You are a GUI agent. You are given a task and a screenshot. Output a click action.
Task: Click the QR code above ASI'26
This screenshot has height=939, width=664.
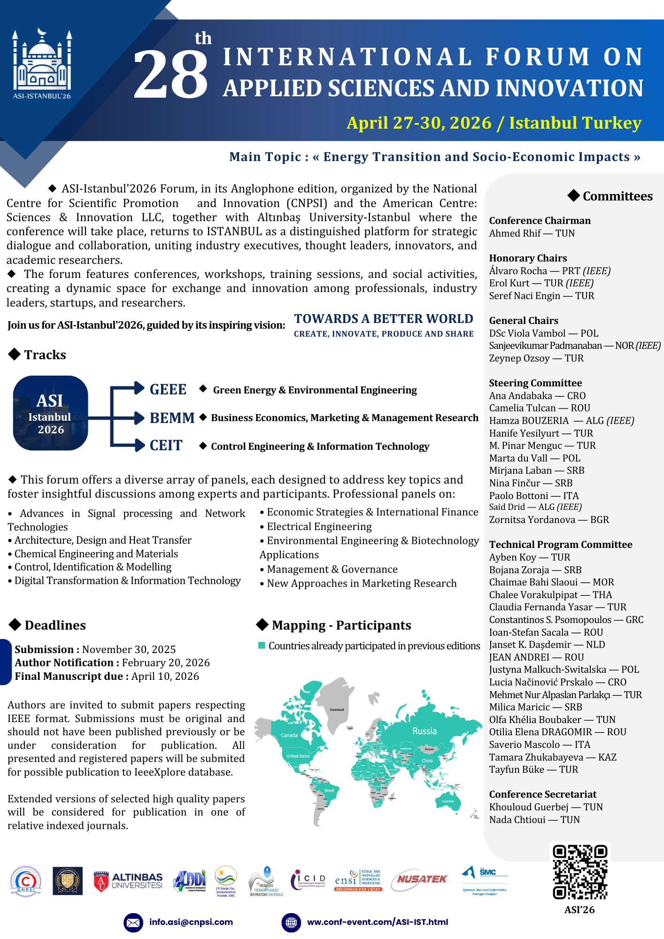click(x=580, y=872)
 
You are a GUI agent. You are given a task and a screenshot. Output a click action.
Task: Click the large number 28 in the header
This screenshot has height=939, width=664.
click(x=170, y=74)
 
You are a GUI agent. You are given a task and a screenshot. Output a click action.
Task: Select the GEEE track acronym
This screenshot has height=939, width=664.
click(x=168, y=390)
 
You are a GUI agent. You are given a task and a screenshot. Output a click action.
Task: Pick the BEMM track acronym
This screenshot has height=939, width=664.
click(x=172, y=418)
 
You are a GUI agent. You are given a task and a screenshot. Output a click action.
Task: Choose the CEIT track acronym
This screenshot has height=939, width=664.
click(x=166, y=446)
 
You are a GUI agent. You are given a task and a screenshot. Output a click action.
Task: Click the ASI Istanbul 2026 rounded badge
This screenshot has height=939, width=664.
click(x=50, y=413)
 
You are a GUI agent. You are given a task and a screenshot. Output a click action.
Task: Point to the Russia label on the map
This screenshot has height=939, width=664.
click(x=425, y=731)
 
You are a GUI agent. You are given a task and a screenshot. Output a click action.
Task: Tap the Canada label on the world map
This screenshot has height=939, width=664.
click(x=289, y=735)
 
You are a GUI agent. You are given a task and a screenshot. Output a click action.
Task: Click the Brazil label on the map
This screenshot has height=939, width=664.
click(x=329, y=791)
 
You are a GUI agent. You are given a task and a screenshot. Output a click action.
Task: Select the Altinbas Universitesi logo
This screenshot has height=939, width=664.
click(x=128, y=881)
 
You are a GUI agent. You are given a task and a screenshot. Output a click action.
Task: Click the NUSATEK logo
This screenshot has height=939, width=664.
click(x=421, y=879)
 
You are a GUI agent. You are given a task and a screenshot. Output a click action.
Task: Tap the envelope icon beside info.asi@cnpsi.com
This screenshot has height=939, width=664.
click(x=133, y=923)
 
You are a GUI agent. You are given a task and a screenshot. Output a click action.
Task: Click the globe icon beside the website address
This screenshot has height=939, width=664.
click(x=291, y=923)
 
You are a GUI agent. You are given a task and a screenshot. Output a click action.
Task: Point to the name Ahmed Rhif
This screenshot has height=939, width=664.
click(x=515, y=233)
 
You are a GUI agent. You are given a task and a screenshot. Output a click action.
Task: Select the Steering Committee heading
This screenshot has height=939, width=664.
click(x=535, y=383)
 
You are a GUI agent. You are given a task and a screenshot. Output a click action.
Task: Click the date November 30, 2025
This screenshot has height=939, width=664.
click(x=129, y=649)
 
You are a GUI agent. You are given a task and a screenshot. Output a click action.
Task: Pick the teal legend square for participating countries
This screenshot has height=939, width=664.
click(x=262, y=646)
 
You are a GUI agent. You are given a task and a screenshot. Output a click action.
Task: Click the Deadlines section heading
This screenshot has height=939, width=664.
click(x=55, y=625)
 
